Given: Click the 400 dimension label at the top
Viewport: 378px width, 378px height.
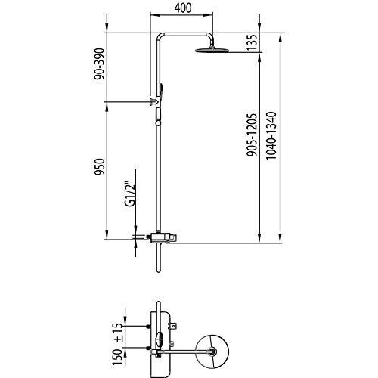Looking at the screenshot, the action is click(183, 8).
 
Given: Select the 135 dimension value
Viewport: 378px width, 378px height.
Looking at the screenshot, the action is click(252, 42).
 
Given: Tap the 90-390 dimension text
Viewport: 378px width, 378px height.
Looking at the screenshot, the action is click(99, 64).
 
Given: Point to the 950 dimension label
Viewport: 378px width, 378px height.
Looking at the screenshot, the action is click(99, 166).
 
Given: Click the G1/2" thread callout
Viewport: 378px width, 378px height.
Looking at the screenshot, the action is click(130, 196).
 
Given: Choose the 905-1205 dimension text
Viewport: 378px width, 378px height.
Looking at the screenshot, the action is click(252, 135).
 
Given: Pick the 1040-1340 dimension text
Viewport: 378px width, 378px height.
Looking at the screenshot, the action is click(271, 135).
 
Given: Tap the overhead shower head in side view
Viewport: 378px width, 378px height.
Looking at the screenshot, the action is click(212, 49).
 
